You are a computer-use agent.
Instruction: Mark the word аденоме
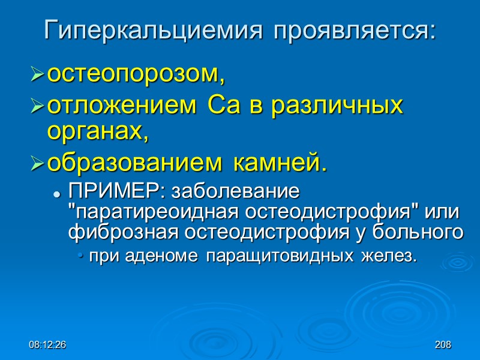click(x=174, y=257)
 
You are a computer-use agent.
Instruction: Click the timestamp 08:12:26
click(x=50, y=345)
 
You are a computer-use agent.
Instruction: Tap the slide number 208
click(x=443, y=345)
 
